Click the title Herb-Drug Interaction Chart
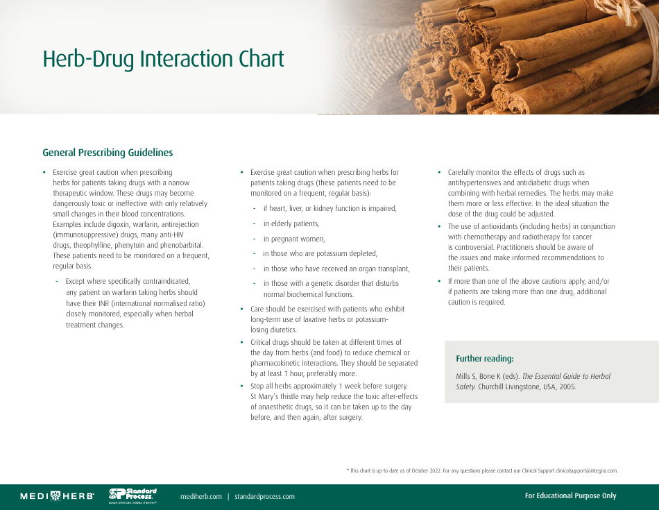tap(163, 59)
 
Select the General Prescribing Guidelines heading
tap(108, 153)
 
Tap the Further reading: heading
tap(484, 359)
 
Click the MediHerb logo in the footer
tap(57, 496)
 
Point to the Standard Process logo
tap(132, 495)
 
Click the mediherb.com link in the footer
tap(200, 496)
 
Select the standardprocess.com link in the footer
tap(264, 496)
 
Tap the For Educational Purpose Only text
tap(570, 495)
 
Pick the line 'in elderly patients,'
tap(291, 223)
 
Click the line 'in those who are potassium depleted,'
tap(320, 253)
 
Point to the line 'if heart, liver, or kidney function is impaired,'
tap(329, 208)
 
